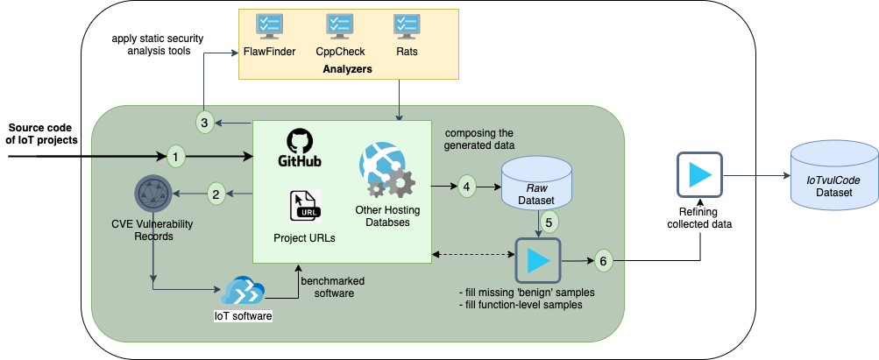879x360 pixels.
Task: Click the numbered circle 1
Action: (x=177, y=157)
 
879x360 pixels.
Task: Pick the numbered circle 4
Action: (x=467, y=186)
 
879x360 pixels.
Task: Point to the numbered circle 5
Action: (x=549, y=222)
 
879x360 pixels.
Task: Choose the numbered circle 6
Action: (x=603, y=260)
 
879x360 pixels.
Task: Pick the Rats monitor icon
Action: (x=406, y=26)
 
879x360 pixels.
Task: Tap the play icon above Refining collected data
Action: (x=699, y=175)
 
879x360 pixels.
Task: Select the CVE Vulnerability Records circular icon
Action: (x=152, y=194)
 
